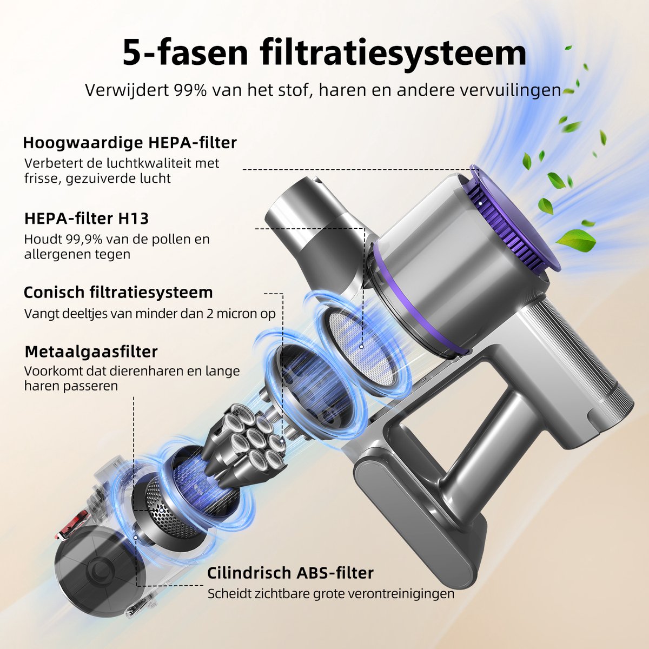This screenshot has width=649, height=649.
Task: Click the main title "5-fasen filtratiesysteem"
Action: [325, 52]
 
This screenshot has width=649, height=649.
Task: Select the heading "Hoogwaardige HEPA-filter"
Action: [130, 143]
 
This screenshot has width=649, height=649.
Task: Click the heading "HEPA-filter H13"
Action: [87, 218]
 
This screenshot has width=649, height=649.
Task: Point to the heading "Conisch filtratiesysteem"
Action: [118, 293]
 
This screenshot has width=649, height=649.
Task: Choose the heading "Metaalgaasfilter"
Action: [91, 352]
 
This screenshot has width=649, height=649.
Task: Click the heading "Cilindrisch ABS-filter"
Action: [290, 573]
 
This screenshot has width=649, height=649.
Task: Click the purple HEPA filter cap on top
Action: [514, 216]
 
